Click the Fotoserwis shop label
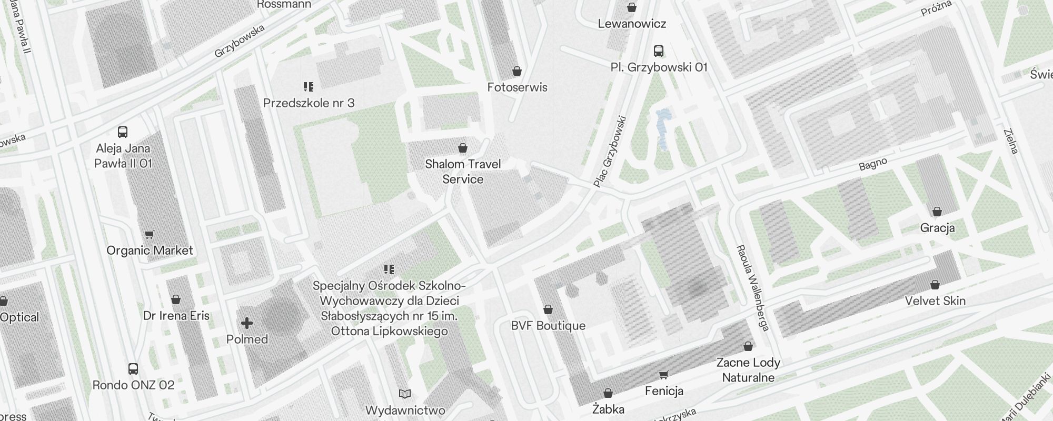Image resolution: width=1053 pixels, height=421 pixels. tap(517, 87)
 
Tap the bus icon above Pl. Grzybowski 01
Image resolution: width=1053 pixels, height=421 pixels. tap(659, 51)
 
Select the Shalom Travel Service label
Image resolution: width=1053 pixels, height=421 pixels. tap(463, 172)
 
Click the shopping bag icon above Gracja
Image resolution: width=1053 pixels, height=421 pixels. tap(937, 212)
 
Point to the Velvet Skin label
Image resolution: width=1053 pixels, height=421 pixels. tap(935, 301)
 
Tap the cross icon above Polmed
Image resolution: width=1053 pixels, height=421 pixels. tap(247, 323)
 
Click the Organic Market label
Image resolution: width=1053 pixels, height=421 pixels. tap(150, 250)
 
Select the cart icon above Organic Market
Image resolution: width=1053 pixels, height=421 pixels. tap(150, 235)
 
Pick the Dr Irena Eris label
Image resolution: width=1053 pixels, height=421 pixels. tap(176, 316)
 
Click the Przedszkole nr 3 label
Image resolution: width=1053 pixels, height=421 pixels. tap(309, 103)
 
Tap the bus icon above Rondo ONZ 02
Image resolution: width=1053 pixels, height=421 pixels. tap(133, 369)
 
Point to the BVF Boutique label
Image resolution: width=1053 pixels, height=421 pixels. tap(548, 326)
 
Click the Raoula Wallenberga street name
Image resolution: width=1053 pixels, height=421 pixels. tap(752, 287)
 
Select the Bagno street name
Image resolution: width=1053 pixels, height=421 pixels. tap(873, 165)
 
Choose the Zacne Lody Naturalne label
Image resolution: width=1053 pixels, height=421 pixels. tap(748, 370)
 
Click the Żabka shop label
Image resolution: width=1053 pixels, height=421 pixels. tap(608, 409)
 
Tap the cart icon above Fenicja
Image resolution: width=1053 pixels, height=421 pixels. tap(663, 375)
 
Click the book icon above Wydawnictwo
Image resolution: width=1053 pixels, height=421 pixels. tap(405, 394)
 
